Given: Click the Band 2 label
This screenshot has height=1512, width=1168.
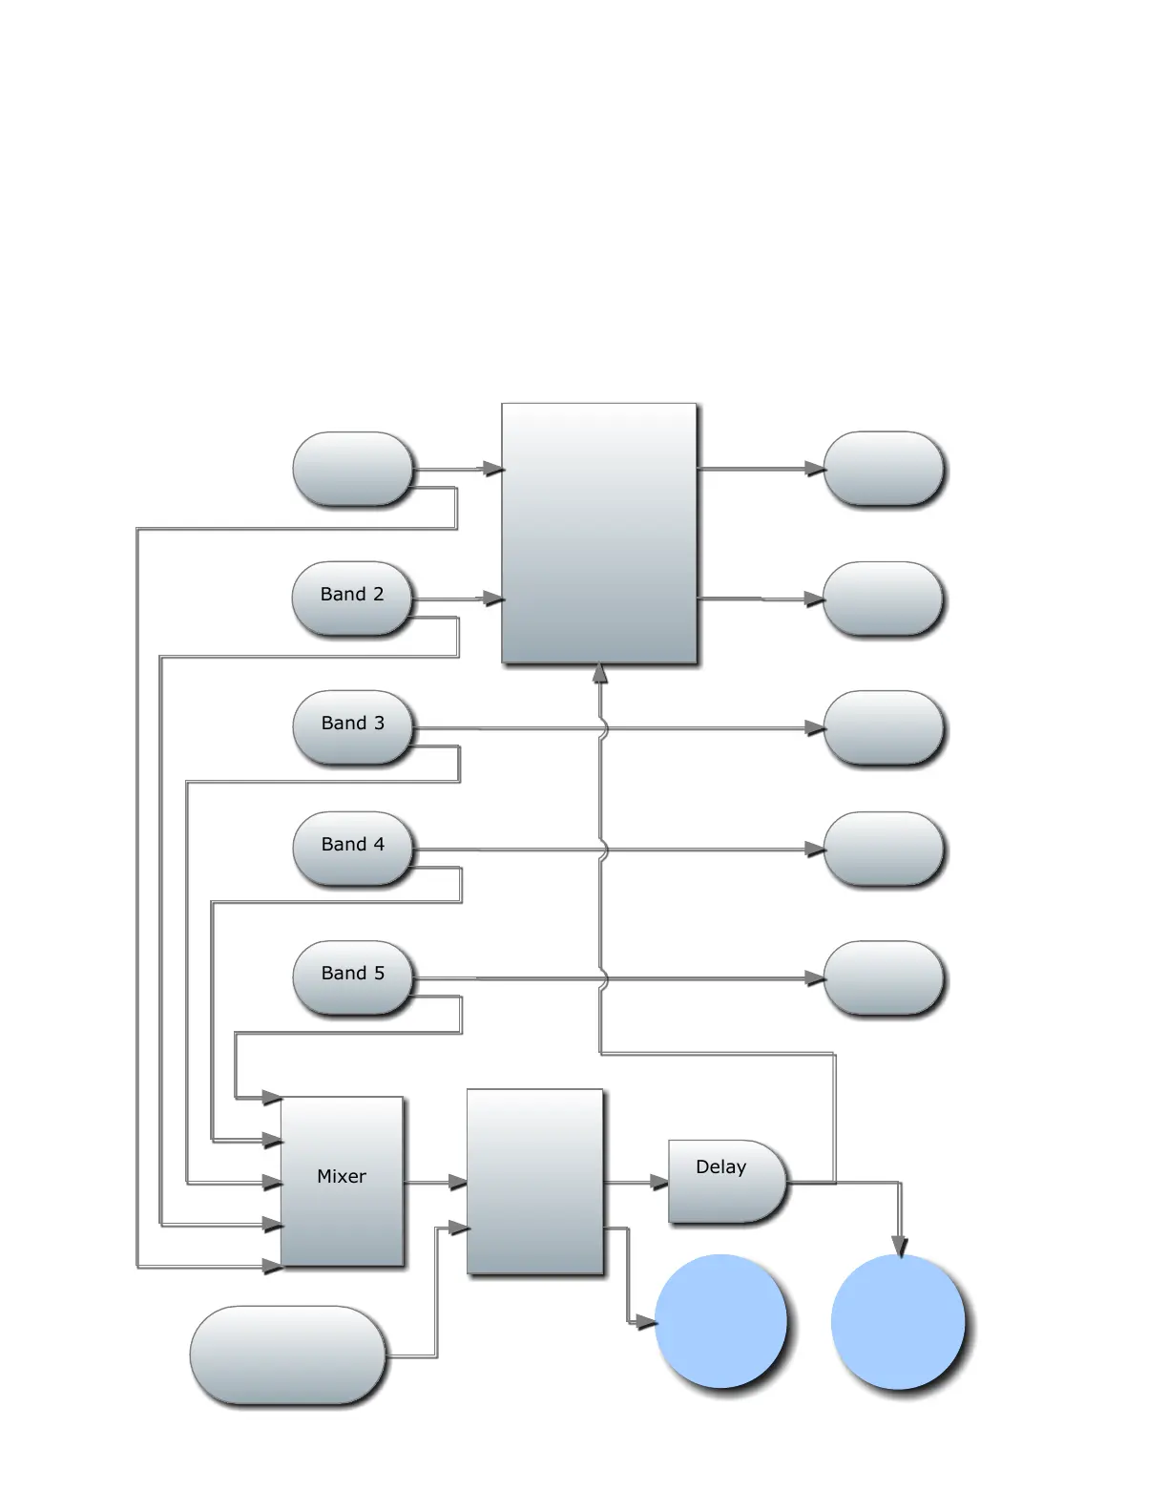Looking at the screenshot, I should tap(352, 594).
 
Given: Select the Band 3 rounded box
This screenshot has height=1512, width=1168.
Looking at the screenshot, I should tap(352, 727).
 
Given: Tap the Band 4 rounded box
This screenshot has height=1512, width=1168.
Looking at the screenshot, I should tap(352, 849).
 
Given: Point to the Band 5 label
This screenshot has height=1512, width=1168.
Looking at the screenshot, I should tap(352, 973).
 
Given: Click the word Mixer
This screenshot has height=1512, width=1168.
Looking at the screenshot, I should tap(342, 1176).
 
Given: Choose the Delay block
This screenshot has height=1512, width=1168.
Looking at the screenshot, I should tap(726, 1181).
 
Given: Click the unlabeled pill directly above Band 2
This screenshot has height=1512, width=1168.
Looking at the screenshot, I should tap(353, 469).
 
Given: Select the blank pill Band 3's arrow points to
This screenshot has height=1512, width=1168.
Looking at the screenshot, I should tap(883, 728).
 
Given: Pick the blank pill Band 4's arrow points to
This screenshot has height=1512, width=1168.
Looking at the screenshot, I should tap(883, 849).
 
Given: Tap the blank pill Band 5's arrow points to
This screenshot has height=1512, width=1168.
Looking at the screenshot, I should tap(883, 977).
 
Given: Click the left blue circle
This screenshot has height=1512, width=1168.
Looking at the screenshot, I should tap(721, 1321).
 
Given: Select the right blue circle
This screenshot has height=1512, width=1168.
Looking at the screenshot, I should tap(898, 1322).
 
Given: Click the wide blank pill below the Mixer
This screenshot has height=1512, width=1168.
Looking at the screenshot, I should tap(287, 1354).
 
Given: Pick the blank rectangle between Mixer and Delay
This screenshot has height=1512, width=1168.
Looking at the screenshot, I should tap(534, 1181).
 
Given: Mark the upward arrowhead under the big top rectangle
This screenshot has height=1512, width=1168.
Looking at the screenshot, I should tap(600, 674).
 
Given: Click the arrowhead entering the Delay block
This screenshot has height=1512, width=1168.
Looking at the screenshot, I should tap(659, 1183).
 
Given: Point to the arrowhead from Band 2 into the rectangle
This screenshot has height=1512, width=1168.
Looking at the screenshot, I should tap(493, 598).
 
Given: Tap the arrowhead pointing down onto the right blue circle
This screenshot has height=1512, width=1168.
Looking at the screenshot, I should tap(899, 1246).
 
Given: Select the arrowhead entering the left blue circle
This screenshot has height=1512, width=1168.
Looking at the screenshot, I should tap(646, 1322).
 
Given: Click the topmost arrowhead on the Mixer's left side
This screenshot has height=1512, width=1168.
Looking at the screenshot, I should tap(272, 1098).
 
